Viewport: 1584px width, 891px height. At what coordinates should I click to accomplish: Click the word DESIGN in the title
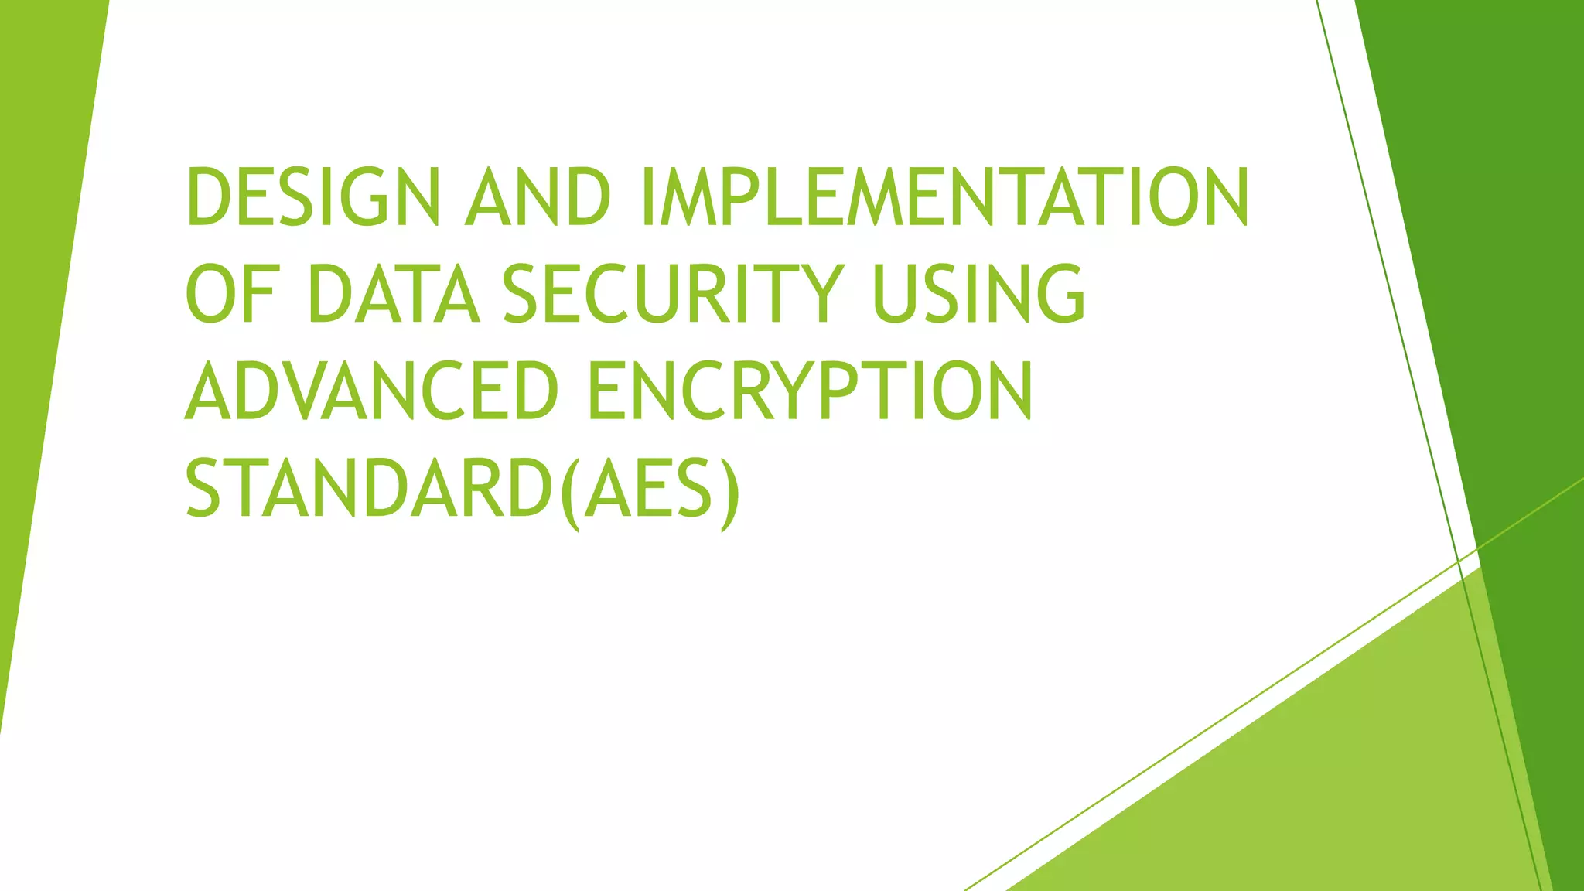coord(312,197)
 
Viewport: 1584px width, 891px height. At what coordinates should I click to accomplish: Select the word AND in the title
coord(538,197)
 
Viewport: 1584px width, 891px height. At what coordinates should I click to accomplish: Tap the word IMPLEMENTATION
coord(945,197)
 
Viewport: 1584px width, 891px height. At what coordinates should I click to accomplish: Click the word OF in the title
coord(230,294)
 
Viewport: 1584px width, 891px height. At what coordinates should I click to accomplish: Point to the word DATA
coord(394,294)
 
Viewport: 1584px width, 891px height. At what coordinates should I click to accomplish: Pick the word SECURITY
coord(672,294)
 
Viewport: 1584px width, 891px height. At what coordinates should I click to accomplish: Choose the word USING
coord(978,294)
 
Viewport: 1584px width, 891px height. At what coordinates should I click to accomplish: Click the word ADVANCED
coord(371,391)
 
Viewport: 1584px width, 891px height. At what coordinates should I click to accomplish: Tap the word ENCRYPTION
coord(810,391)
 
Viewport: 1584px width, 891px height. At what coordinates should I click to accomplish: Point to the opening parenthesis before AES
coord(570,492)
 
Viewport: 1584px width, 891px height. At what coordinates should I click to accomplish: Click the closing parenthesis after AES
coord(729,492)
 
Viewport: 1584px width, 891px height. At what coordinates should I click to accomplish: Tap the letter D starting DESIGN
coord(207,197)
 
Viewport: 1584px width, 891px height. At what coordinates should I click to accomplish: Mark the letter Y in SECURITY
coord(819,294)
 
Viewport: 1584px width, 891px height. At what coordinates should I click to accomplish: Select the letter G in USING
coord(1060,294)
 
